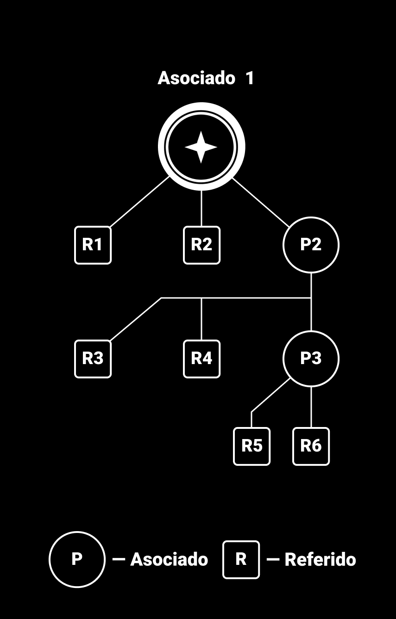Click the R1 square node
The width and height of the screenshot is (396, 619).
pyautogui.click(x=93, y=245)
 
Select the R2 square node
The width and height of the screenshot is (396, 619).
pyautogui.click(x=202, y=245)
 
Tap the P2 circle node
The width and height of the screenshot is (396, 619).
pyautogui.click(x=311, y=245)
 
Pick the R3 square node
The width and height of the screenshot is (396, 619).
pyautogui.click(x=93, y=359)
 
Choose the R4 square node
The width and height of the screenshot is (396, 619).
pyautogui.click(x=202, y=359)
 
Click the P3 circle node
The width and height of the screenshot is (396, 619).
pyautogui.click(x=311, y=359)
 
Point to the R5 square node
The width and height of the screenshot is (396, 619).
pyautogui.click(x=252, y=446)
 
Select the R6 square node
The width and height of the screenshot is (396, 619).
pyautogui.click(x=311, y=446)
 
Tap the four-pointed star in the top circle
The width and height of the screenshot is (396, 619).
pyautogui.click(x=201, y=147)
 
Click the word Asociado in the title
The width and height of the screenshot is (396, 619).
pyautogui.click(x=196, y=78)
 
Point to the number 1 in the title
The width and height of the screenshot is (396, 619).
pyautogui.click(x=250, y=78)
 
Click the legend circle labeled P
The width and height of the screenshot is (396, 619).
pyautogui.click(x=77, y=559)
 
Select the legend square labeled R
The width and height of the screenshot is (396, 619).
pyautogui.click(x=241, y=560)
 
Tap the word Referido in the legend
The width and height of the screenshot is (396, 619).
pyautogui.click(x=320, y=560)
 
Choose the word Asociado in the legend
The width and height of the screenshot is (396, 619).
pyautogui.click(x=169, y=560)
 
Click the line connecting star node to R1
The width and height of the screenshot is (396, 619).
pyautogui.click(x=140, y=202)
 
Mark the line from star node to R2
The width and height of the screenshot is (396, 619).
pyautogui.click(x=201, y=208)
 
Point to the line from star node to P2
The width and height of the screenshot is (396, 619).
pyautogui.click(x=261, y=203)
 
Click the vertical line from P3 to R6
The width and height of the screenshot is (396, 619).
pyautogui.click(x=311, y=407)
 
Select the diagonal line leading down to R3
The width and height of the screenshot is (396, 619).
pyautogui.click(x=136, y=320)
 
